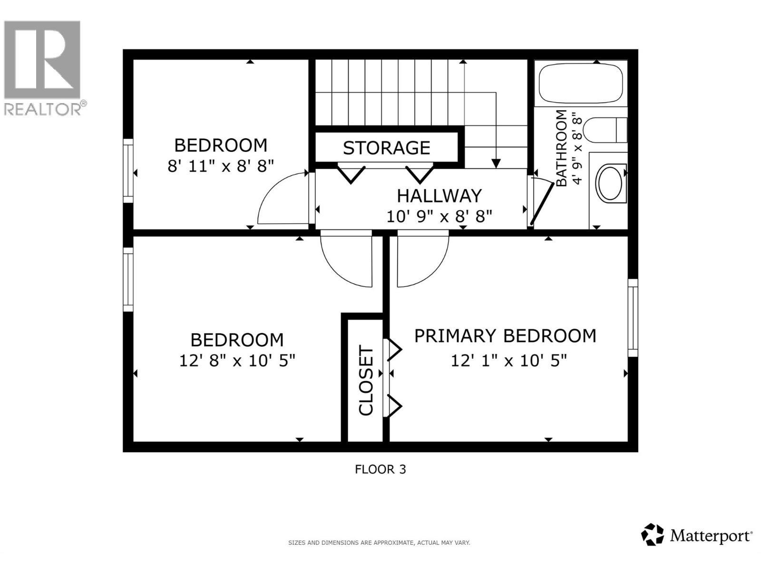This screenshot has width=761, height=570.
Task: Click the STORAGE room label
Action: tap(386, 148)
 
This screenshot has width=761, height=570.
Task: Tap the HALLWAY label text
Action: tap(439, 196)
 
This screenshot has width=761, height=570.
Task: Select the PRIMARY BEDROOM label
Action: tap(505, 336)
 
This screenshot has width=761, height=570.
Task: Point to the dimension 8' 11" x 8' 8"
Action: tap(221, 166)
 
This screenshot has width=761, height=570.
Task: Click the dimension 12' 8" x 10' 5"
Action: tap(237, 361)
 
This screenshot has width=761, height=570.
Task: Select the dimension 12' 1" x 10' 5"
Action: tap(508, 361)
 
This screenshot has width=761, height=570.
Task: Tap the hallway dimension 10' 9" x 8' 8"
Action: tap(439, 217)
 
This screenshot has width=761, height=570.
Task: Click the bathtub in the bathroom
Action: tap(581, 83)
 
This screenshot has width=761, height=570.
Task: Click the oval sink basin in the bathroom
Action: tap(612, 183)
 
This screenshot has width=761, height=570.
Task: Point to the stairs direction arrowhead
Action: tap(496, 163)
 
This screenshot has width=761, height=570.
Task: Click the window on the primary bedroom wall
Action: tap(633, 318)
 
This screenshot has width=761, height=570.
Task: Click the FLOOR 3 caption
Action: tap(380, 469)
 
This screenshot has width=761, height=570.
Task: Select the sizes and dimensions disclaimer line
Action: tap(379, 542)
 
